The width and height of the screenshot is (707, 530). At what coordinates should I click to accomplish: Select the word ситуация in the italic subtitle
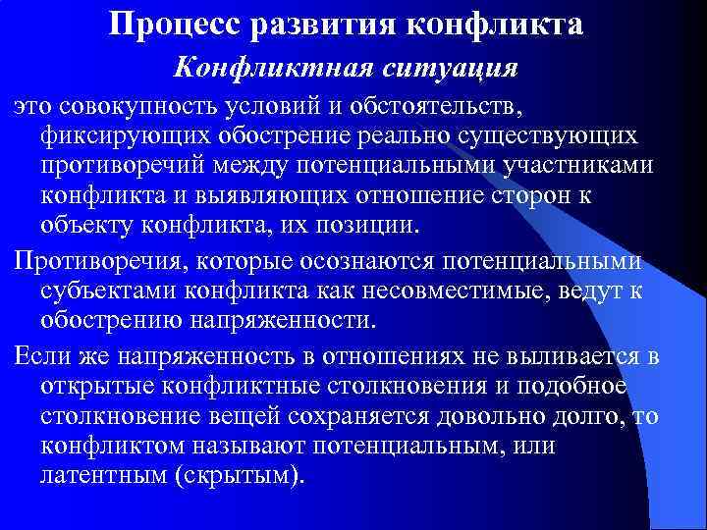457,70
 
